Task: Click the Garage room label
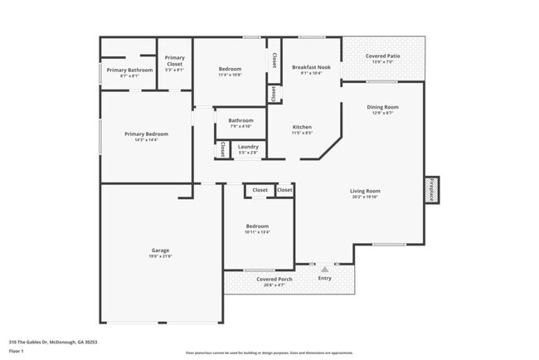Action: pyautogui.click(x=160, y=250)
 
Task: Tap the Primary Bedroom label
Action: pyautogui.click(x=146, y=134)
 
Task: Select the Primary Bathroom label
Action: pyautogui.click(x=129, y=70)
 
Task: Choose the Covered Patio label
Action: pyautogui.click(x=382, y=56)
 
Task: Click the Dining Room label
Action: pyautogui.click(x=382, y=106)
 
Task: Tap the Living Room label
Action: pyautogui.click(x=365, y=191)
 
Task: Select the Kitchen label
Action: pyautogui.click(x=302, y=127)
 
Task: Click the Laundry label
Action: pyautogui.click(x=248, y=146)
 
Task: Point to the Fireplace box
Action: pyautogui.click(x=431, y=190)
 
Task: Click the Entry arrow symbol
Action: pyautogui.click(x=325, y=269)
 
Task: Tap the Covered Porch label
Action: pyautogui.click(x=274, y=279)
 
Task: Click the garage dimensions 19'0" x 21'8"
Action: pyautogui.click(x=160, y=256)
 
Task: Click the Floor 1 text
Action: pyautogui.click(x=17, y=353)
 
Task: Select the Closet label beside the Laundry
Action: pyautogui.click(x=222, y=149)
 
